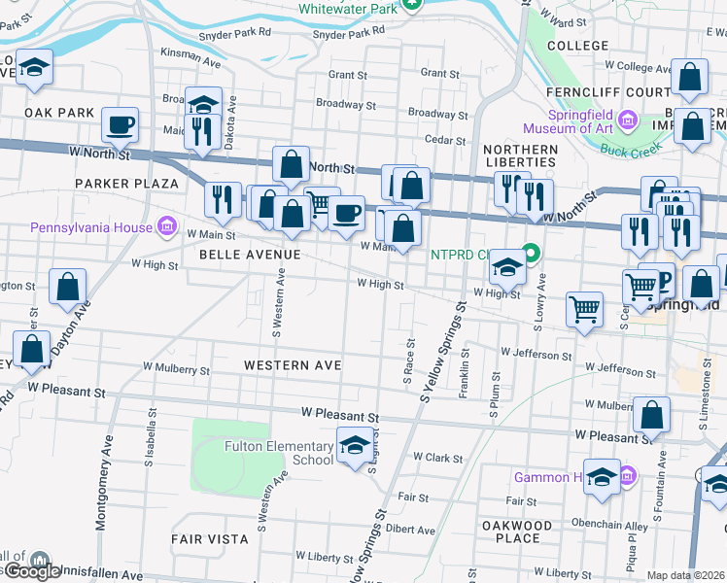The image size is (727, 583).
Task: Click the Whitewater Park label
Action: [348, 9]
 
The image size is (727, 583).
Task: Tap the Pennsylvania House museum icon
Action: [167, 228]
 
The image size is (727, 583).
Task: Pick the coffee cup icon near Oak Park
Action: [120, 124]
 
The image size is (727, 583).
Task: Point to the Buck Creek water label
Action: [630, 150]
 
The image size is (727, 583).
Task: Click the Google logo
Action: [31, 571]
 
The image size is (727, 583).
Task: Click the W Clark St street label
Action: [436, 456]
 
